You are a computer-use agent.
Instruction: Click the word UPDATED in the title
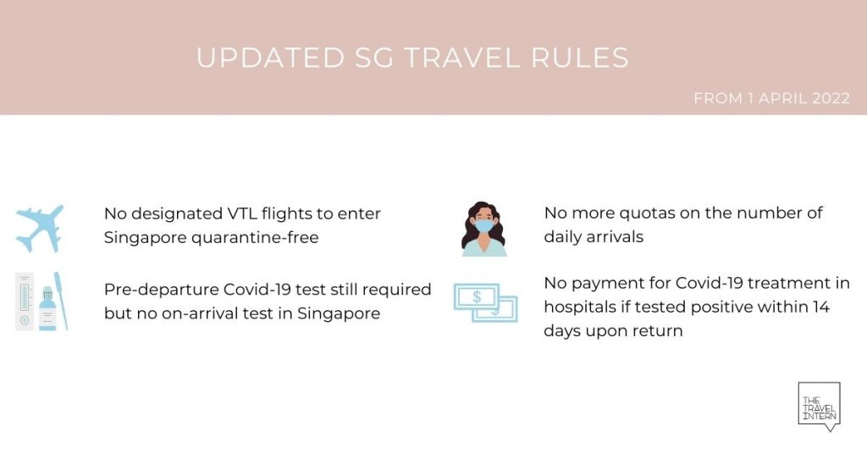point(270,58)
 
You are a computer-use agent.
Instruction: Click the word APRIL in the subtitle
point(782,98)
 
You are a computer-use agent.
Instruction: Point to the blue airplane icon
point(40,229)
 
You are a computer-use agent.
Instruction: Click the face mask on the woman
point(483,226)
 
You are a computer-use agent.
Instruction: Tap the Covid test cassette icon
point(25,302)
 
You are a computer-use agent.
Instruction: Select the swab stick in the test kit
point(61,301)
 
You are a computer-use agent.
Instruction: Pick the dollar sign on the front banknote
point(477,297)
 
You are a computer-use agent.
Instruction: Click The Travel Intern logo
point(819,407)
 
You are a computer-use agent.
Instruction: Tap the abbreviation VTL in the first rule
point(241,213)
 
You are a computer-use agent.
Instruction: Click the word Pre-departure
point(161,290)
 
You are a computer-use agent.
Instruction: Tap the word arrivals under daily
point(618,237)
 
